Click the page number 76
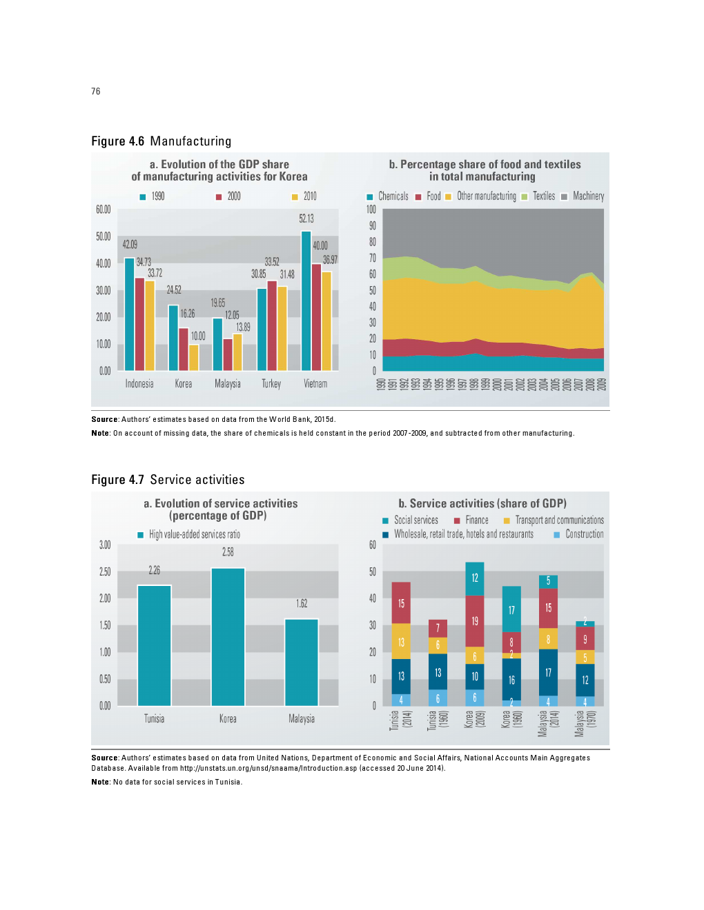click(x=95, y=91)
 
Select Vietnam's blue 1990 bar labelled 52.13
click(x=306, y=301)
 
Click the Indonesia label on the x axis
click(x=139, y=384)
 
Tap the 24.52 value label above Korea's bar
click(x=174, y=290)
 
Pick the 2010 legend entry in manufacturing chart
click(x=304, y=196)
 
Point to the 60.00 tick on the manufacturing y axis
click(x=104, y=210)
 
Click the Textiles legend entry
click(x=538, y=196)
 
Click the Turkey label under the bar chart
click(x=271, y=384)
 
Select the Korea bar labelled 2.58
click(x=228, y=636)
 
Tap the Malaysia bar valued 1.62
click(x=302, y=662)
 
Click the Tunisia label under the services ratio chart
click(x=154, y=719)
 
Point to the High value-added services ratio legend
click(x=189, y=535)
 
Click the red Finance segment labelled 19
click(x=475, y=621)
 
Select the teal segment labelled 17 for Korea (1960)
click(x=511, y=609)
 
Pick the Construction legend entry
click(x=579, y=534)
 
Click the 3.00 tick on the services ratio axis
click(x=105, y=545)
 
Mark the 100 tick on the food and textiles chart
click(x=371, y=210)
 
